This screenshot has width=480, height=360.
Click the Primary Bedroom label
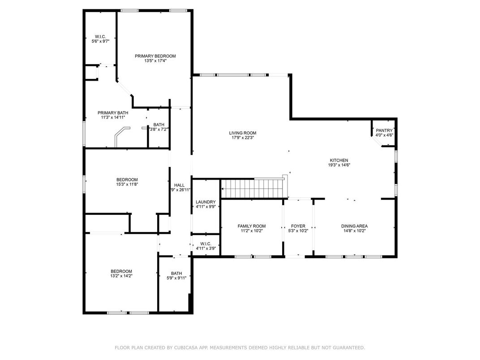click(x=155, y=56)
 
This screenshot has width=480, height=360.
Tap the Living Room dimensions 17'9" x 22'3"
click(x=243, y=138)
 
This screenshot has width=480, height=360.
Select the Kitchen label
click(x=339, y=160)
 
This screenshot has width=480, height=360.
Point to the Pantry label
click(x=384, y=130)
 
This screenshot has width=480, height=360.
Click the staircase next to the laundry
click(x=253, y=189)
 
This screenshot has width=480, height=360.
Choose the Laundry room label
click(x=206, y=202)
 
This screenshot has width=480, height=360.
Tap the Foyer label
click(x=298, y=226)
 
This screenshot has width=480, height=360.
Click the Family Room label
click(x=252, y=226)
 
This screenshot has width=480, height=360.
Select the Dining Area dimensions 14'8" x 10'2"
click(x=355, y=231)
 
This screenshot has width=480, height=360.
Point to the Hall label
click(x=180, y=185)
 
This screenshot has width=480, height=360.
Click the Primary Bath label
click(x=113, y=113)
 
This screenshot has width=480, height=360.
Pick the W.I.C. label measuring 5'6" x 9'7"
click(x=100, y=37)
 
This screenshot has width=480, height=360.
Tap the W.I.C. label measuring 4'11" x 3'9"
click(x=206, y=244)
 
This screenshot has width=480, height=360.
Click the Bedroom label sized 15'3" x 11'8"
click(x=127, y=180)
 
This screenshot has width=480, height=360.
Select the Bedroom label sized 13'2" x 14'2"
click(x=121, y=271)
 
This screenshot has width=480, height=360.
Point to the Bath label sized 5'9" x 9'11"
click(x=176, y=274)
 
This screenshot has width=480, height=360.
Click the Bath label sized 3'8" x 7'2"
click(x=159, y=124)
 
